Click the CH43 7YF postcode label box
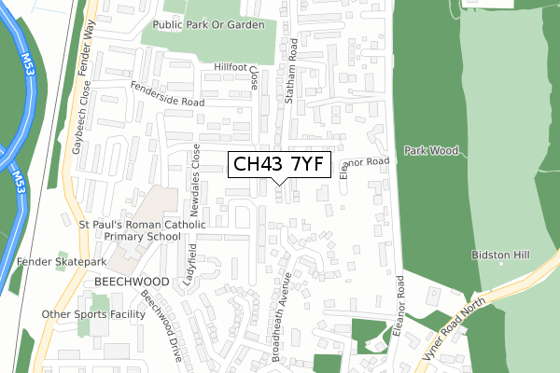tap(278, 165)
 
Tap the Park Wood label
tap(426, 149)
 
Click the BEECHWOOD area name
tap(131, 281)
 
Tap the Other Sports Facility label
tap(93, 314)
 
